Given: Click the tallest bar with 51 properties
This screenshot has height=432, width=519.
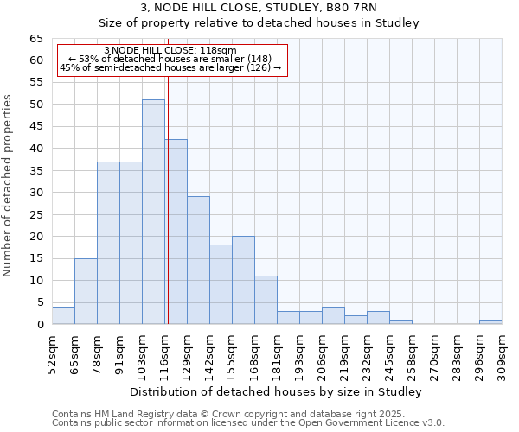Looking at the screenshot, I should pyautogui.click(x=153, y=212).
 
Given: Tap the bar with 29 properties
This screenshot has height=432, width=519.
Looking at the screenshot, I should pyautogui.click(x=198, y=260).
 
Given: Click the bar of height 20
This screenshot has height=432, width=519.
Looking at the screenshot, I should pyautogui.click(x=243, y=280).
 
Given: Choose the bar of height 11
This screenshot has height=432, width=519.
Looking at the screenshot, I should pyautogui.click(x=266, y=300).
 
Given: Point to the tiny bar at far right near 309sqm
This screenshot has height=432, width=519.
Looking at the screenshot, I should pyautogui.click(x=490, y=322).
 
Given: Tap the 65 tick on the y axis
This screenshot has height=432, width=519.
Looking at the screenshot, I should pyautogui.click(x=36, y=39).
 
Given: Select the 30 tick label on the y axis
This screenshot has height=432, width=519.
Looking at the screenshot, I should pyautogui.click(x=36, y=193).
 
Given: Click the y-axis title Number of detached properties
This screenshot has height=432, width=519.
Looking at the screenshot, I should pyautogui.click(x=9, y=186).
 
